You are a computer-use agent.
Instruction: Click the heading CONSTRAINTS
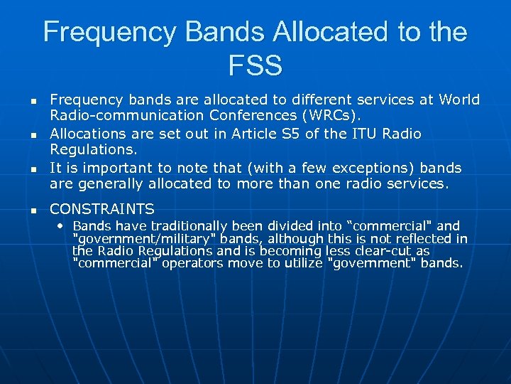[101, 209]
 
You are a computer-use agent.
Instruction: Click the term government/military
[132, 239]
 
